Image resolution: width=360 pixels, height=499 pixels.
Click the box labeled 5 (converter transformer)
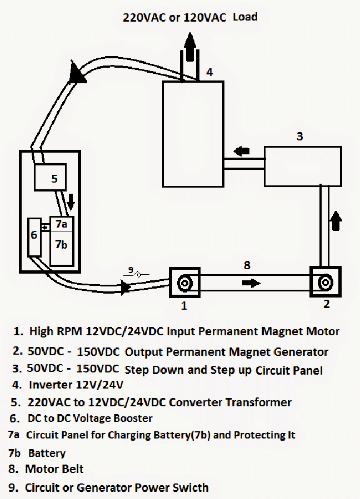pos(50,178)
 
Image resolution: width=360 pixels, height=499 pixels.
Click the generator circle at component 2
pos(325,283)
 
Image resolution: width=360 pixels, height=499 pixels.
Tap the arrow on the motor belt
pos(251,283)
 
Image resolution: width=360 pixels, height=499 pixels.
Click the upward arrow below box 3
pos(334,220)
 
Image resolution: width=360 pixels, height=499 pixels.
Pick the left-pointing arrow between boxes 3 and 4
pos(241,150)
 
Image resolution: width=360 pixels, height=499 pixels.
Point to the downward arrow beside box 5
pos(71,203)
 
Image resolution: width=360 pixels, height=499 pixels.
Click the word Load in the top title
pos(245,17)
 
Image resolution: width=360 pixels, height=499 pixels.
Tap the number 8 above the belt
pos(247,265)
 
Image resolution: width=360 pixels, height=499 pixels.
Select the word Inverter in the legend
pos(51,384)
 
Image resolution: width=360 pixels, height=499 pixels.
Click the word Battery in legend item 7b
pos(47,453)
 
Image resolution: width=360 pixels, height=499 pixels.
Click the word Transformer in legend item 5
pos(258,402)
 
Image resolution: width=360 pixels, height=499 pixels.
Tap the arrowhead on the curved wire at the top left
pos(77,73)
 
